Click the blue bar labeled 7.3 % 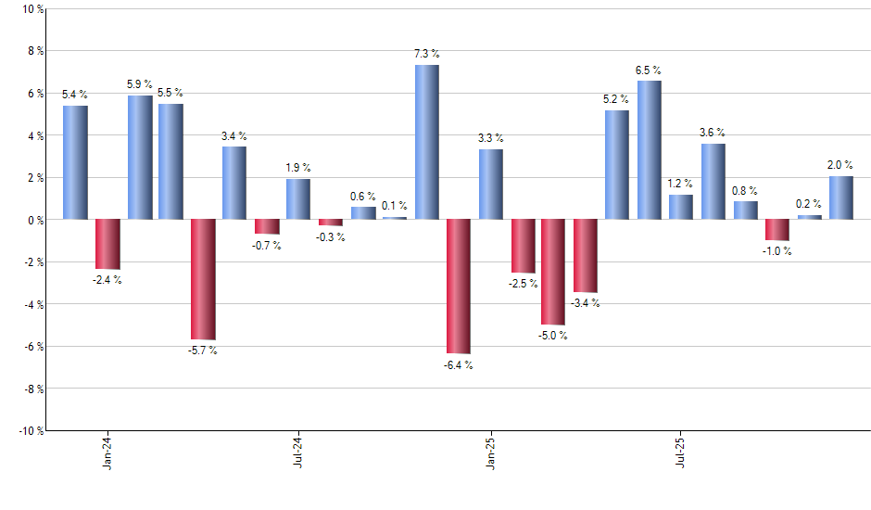click(x=427, y=142)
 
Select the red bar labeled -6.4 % click(x=459, y=287)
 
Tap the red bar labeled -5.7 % click(x=203, y=279)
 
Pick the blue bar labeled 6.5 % click(x=650, y=150)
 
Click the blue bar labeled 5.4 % click(x=75, y=162)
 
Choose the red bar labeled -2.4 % click(x=107, y=244)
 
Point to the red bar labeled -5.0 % click(x=554, y=272)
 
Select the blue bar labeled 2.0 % click(x=841, y=198)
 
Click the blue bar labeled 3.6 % click(x=713, y=182)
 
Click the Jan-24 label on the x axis click(x=107, y=452)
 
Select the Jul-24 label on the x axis click(x=298, y=452)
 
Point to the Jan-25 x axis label click(x=490, y=452)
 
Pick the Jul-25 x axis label click(x=681, y=452)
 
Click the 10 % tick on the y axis click(x=32, y=9)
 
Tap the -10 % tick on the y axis click(x=31, y=430)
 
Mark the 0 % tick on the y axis click(x=35, y=220)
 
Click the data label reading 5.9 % click(x=141, y=84)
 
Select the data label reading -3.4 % click(x=586, y=303)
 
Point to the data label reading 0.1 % click(x=396, y=206)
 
